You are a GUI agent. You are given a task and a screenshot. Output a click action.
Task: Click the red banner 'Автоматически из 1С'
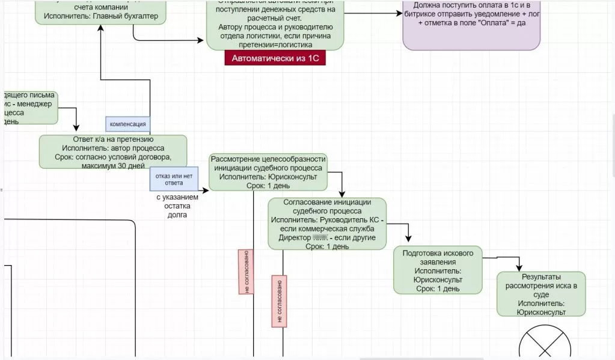point(275,58)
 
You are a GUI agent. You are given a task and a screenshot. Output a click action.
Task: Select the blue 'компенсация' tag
point(127,124)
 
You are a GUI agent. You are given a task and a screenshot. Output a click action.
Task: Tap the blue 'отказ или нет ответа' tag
point(174,178)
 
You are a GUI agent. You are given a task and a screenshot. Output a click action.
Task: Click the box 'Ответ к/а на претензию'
point(113,151)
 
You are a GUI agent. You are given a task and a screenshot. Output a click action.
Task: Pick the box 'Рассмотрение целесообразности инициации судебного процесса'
point(268,172)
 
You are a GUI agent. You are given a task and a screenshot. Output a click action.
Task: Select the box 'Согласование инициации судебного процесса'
point(326,224)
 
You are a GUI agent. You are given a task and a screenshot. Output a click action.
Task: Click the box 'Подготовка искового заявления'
point(438,270)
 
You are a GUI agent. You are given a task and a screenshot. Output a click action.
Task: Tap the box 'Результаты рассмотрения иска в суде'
point(541,294)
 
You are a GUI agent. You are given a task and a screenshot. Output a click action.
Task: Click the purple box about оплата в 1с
point(471,24)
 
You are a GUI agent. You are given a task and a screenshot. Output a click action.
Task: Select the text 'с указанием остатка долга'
point(176,205)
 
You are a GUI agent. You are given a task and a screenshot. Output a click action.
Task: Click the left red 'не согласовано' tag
point(246,272)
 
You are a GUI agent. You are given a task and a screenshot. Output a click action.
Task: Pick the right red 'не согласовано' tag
point(278,301)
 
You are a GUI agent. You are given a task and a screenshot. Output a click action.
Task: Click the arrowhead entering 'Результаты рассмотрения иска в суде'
point(518,267)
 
